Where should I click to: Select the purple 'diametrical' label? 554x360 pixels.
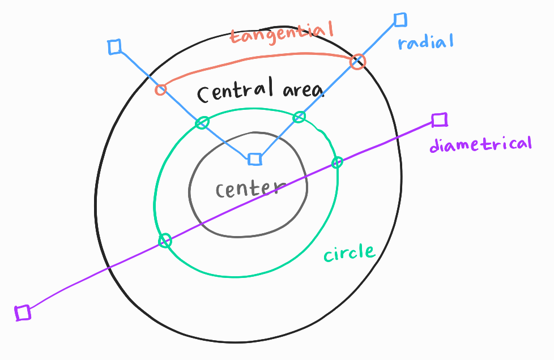480,144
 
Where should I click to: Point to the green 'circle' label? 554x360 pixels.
350,252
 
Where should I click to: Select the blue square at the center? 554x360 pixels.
255,159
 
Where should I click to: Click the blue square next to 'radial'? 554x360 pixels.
400,20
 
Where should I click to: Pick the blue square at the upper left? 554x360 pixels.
115,47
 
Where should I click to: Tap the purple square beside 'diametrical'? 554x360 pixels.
440,120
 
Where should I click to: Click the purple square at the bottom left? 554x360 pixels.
23,312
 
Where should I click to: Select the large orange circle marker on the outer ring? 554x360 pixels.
357,62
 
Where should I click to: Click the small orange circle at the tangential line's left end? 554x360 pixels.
161,89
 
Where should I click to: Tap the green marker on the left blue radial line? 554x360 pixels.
202,122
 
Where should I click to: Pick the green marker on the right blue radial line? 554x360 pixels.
299,117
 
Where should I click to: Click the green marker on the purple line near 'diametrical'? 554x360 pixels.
337,162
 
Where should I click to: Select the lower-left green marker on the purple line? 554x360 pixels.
164,241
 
